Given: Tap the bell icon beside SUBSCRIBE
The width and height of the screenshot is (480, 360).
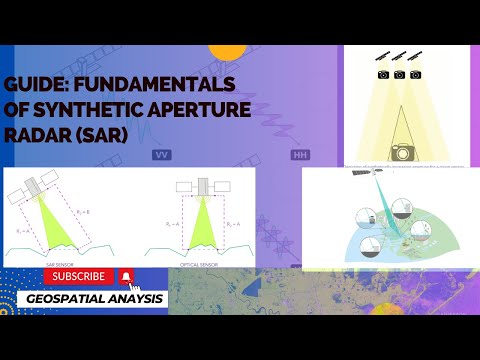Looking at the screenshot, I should (127, 276).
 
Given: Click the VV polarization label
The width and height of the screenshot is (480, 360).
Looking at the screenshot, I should (161, 156).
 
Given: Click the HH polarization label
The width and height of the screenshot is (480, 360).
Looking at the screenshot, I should (299, 156).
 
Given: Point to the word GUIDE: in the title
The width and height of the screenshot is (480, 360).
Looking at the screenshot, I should (37, 83).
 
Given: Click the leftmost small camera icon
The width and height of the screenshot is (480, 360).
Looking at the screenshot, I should (383, 75).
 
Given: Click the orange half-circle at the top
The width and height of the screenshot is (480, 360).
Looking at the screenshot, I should (229, 50).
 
